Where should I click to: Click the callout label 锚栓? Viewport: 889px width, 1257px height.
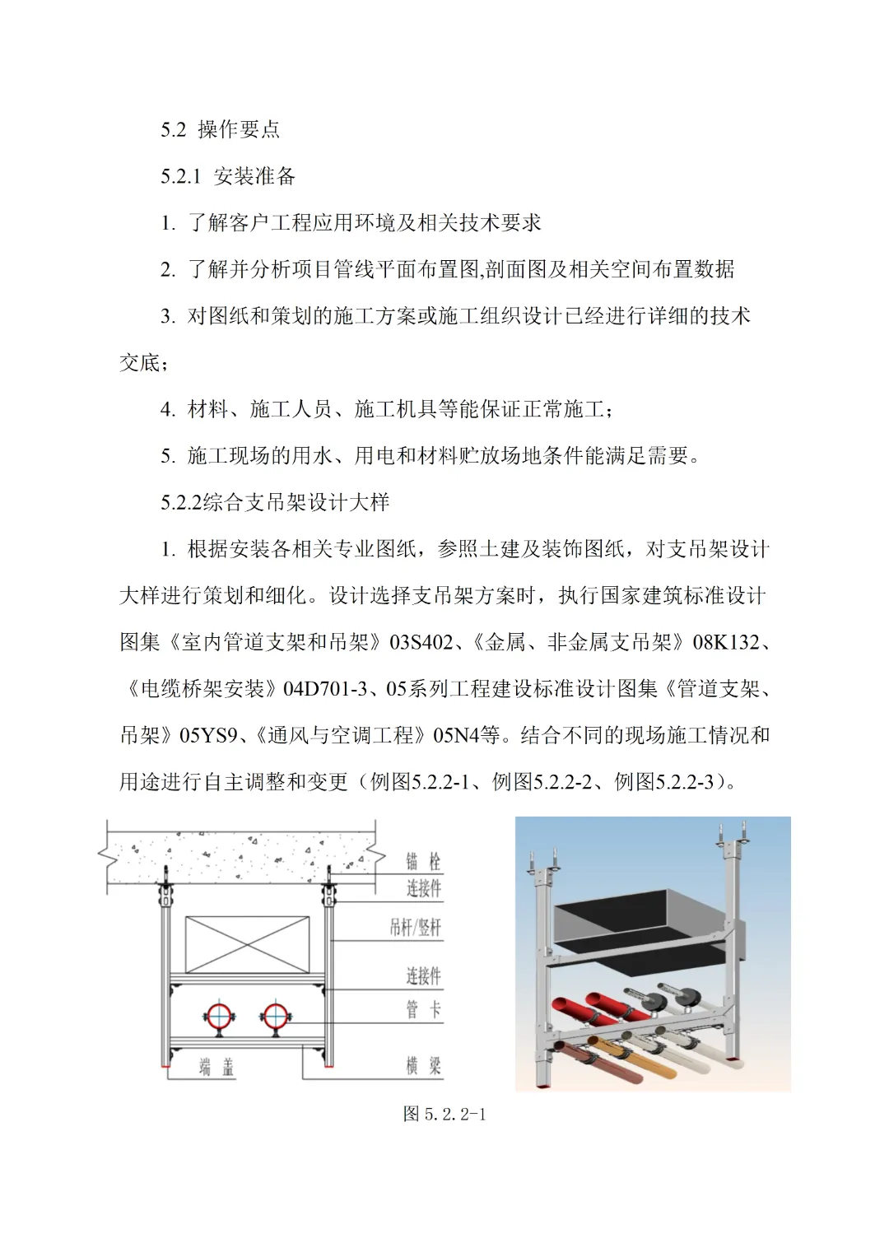pyautogui.click(x=423, y=862)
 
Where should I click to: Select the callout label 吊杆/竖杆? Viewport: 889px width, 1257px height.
pyautogui.click(x=416, y=928)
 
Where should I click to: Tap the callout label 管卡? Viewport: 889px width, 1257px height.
pyautogui.click(x=423, y=1009)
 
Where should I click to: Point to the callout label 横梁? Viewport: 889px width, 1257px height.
pyautogui.click(x=423, y=1066)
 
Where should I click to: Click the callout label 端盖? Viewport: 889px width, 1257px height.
pyautogui.click(x=216, y=1068)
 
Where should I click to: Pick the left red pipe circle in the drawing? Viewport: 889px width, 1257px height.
pyautogui.click(x=220, y=1017)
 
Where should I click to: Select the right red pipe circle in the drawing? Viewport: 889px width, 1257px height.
pyautogui.click(x=275, y=1017)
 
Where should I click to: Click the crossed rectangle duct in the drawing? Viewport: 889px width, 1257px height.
pyautogui.click(x=247, y=944)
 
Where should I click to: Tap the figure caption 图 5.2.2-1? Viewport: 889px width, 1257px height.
pyautogui.click(x=444, y=1115)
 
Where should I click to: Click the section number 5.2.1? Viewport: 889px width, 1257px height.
pyautogui.click(x=180, y=176)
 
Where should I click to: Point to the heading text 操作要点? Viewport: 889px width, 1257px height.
pyautogui.click(x=239, y=129)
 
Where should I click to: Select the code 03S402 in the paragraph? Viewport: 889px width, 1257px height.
pyautogui.click(x=421, y=642)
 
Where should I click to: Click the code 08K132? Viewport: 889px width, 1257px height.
pyautogui.click(x=726, y=642)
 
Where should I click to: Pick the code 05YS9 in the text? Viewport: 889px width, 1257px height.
pyautogui.click(x=208, y=735)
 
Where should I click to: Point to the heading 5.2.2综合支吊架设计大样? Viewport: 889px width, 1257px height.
pyautogui.click(x=275, y=502)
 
